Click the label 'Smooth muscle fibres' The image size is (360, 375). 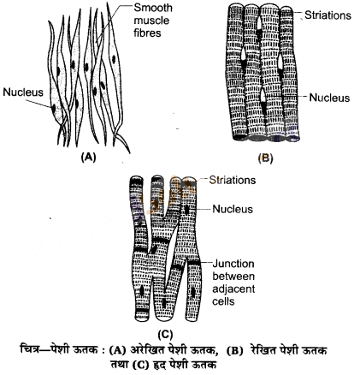tap(153, 21)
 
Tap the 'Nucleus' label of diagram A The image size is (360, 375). tap(23, 92)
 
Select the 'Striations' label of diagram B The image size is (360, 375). tap(328, 15)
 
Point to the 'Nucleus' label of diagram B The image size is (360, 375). tap(329, 98)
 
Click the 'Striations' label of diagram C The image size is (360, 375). tap(233, 180)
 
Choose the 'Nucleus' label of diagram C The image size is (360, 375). tap(233, 209)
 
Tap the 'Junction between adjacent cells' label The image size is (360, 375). tap(233, 283)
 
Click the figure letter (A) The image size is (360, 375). tap(88, 158)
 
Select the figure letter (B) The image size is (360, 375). tap(265, 158)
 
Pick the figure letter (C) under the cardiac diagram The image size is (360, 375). tap(165, 334)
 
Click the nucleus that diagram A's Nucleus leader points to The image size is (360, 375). tap(54, 109)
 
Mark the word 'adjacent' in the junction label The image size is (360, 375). tap(233, 289)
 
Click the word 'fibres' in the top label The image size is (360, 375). tap(147, 33)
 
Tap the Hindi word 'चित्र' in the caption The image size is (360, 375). tap(29, 349)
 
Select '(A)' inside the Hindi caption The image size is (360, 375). tap(117, 350)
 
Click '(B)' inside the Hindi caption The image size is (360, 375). tap(235, 350)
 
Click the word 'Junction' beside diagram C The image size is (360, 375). tap(233, 264)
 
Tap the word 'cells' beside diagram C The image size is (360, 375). tap(223, 301)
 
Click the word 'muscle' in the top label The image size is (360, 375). tap(151, 21)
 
